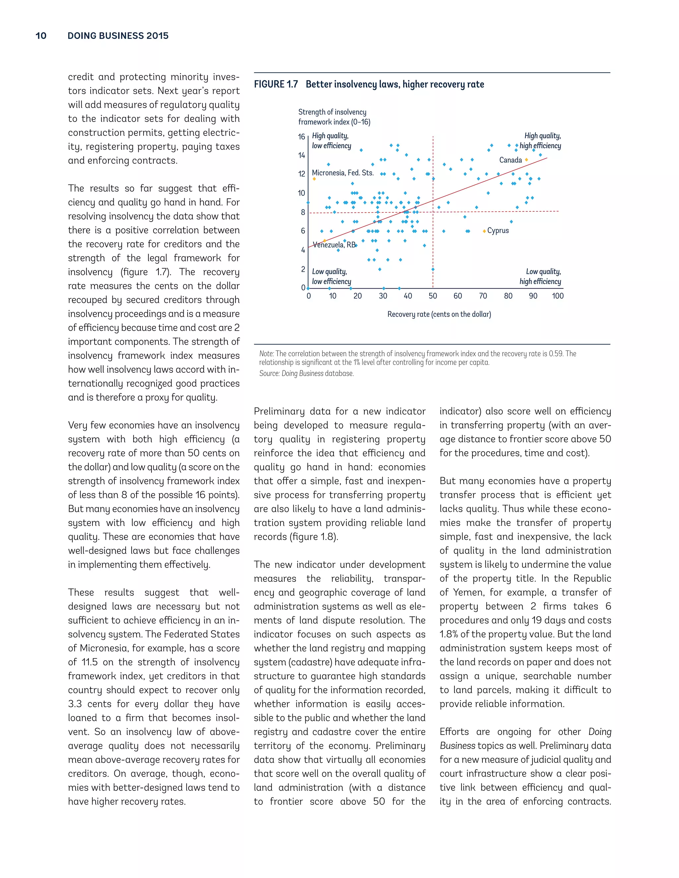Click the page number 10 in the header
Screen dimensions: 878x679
tap(41, 36)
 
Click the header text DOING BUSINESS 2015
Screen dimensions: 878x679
tap(118, 36)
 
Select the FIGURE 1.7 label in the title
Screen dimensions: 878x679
tap(276, 84)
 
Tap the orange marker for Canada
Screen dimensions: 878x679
tap(526, 160)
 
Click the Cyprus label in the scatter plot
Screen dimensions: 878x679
tap(498, 231)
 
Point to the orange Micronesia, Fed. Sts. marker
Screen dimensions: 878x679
tap(314, 179)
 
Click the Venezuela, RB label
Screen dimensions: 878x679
tap(334, 245)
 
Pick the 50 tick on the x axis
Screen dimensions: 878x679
tap(433, 296)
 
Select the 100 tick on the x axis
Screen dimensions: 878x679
tap(558, 296)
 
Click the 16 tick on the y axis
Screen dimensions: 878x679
tap(301, 137)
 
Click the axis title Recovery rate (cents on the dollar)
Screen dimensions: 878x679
tap(439, 314)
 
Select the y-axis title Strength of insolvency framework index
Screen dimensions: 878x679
tap(334, 117)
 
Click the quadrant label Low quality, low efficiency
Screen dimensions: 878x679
tap(332, 277)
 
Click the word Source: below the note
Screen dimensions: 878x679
tap(269, 373)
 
